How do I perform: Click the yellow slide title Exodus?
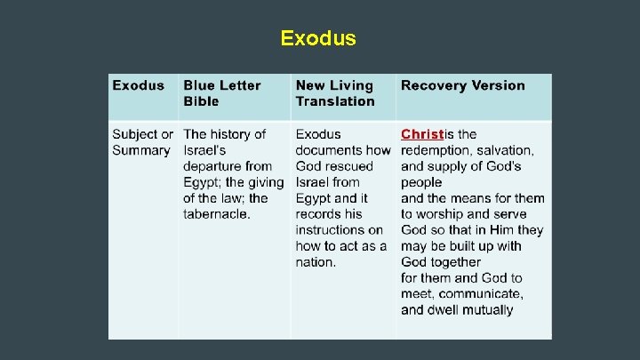318,38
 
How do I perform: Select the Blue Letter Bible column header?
222,93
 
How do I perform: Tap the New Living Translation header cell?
335,93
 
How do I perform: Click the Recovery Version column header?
462,85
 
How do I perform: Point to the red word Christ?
421,134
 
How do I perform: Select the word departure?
215,166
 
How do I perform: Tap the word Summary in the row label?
140,150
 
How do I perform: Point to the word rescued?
348,166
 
